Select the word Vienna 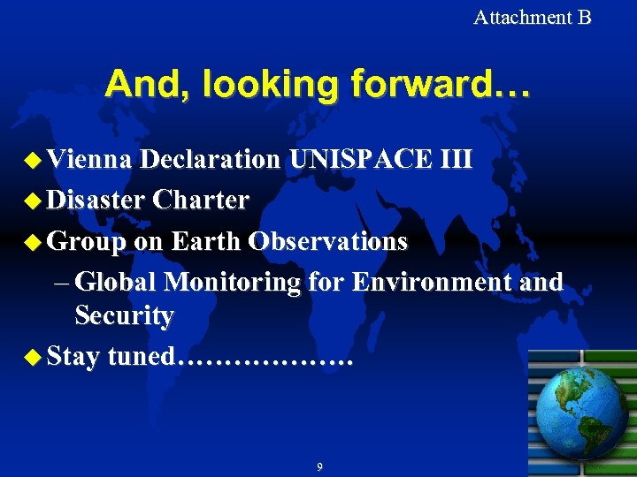tap(89, 159)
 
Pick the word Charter tap(201, 200)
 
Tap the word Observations tap(328, 240)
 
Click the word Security tap(124, 315)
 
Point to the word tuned tap(142, 357)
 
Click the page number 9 tap(319, 466)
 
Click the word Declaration tap(209, 159)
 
